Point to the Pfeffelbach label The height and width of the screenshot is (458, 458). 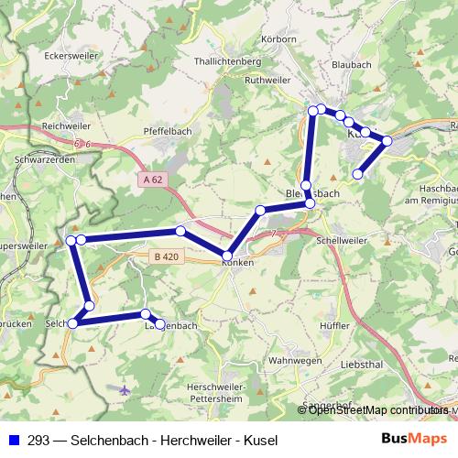pos(167,132)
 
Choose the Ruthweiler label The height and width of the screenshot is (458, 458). pos(267,80)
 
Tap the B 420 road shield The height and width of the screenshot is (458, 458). pos(166,257)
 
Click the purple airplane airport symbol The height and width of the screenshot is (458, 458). pos(125,389)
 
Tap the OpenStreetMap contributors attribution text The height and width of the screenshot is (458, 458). pos(376,410)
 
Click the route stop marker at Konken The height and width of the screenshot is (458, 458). pos(227,255)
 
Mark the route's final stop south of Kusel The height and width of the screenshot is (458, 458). pos(357,173)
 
